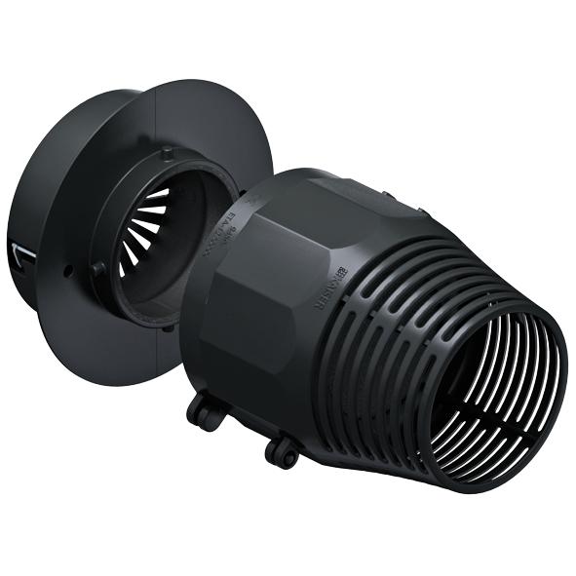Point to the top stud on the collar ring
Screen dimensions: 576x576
(x=167, y=152)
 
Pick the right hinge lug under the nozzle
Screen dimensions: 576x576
(x=283, y=450)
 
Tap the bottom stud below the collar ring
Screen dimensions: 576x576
(x=175, y=326)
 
